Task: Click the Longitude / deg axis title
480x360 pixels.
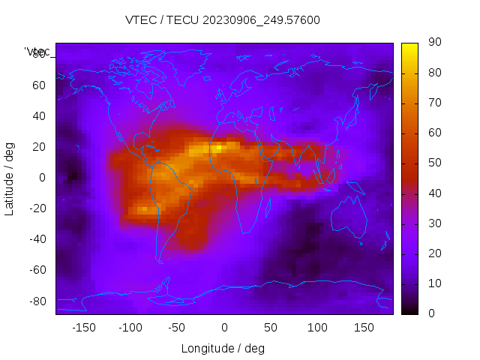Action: [x=223, y=348]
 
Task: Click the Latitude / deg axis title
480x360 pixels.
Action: [x=10, y=178]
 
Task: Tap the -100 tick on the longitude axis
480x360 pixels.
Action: [x=130, y=328]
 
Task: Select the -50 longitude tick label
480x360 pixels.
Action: [x=177, y=328]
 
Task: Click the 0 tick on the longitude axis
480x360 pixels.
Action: [x=223, y=328]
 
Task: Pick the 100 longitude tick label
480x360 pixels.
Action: [x=317, y=328]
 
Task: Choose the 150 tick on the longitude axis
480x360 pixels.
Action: [x=364, y=328]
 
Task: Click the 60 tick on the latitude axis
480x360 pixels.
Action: [x=39, y=85]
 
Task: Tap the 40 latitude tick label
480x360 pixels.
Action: [x=39, y=115]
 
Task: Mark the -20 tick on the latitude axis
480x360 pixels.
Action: [x=37, y=208]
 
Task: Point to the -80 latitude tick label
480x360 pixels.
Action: [x=37, y=301]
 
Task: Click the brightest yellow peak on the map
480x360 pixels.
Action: [x=217, y=148]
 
